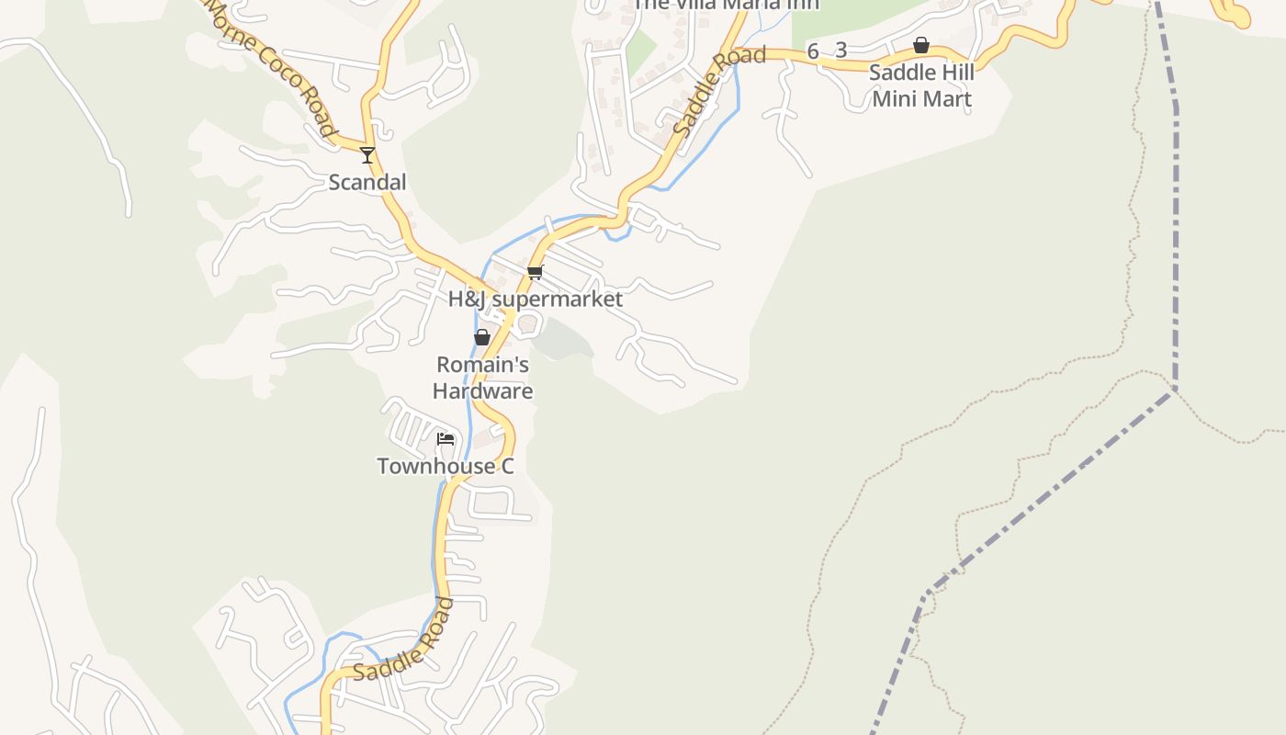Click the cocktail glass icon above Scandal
pyautogui.click(x=367, y=155)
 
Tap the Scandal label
pyautogui.click(x=367, y=182)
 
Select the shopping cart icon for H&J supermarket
pyautogui.click(x=536, y=272)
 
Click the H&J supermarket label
pyautogui.click(x=535, y=299)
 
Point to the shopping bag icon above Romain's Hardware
pyautogui.click(x=482, y=337)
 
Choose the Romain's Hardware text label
pyautogui.click(x=482, y=378)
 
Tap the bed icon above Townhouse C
pyautogui.click(x=446, y=439)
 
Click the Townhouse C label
pyautogui.click(x=446, y=466)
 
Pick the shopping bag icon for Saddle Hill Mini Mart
pyautogui.click(x=921, y=45)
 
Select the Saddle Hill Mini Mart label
pyautogui.click(x=921, y=85)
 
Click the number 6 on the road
pyautogui.click(x=813, y=51)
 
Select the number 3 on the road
pyautogui.click(x=840, y=51)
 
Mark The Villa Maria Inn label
pyautogui.click(x=726, y=5)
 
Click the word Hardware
pyautogui.click(x=482, y=390)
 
